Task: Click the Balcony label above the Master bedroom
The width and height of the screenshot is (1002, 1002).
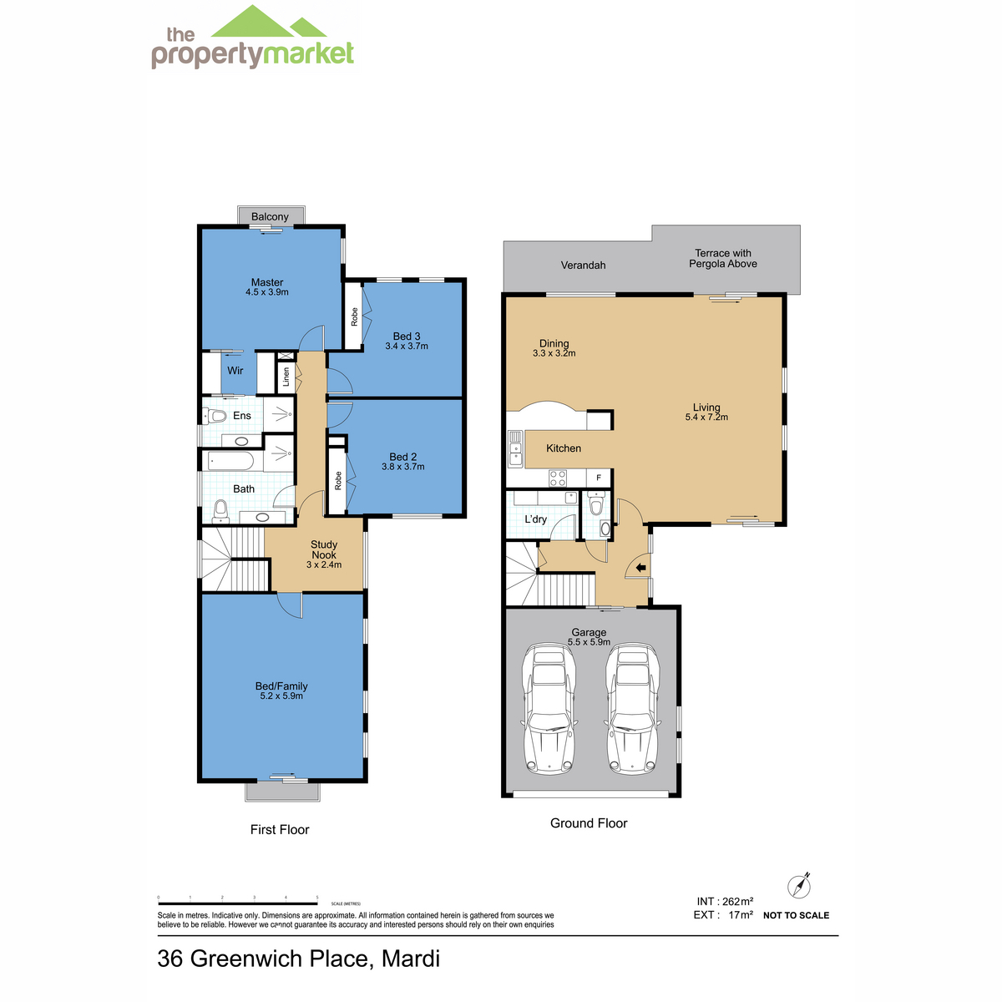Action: (270, 216)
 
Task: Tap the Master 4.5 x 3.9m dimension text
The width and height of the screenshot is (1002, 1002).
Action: (266, 292)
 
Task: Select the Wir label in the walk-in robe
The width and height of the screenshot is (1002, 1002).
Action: (235, 371)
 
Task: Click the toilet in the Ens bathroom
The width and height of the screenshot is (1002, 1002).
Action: (215, 416)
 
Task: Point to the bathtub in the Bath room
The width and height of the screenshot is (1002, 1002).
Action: (230, 461)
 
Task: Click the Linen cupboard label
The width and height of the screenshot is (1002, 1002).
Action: (286, 377)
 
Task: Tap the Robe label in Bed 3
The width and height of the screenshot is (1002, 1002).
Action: (354, 316)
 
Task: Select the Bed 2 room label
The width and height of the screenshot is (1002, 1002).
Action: (403, 457)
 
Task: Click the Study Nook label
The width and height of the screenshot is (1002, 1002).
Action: (324, 549)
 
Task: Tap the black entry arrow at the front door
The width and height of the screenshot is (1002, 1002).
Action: (640, 568)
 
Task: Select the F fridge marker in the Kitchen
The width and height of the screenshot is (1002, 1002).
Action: (599, 478)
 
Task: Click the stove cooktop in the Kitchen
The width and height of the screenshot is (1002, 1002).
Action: (558, 478)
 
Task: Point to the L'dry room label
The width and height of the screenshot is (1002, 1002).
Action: (535, 519)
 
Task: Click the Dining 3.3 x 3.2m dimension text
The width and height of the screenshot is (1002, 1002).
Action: (554, 353)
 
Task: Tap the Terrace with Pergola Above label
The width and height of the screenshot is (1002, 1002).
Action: (723, 258)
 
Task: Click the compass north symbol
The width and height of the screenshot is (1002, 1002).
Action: (799, 886)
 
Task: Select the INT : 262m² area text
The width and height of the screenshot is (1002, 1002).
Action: (725, 902)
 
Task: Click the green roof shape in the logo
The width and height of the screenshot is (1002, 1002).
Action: (269, 22)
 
